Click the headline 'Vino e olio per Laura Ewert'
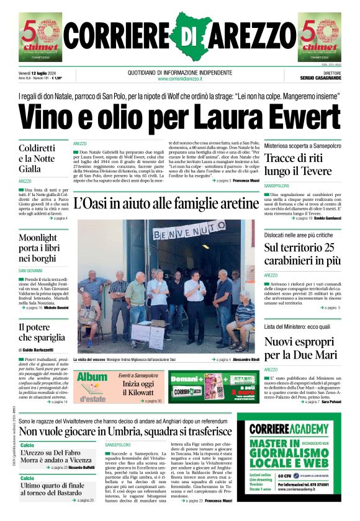180,117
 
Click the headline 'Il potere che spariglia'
41,332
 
